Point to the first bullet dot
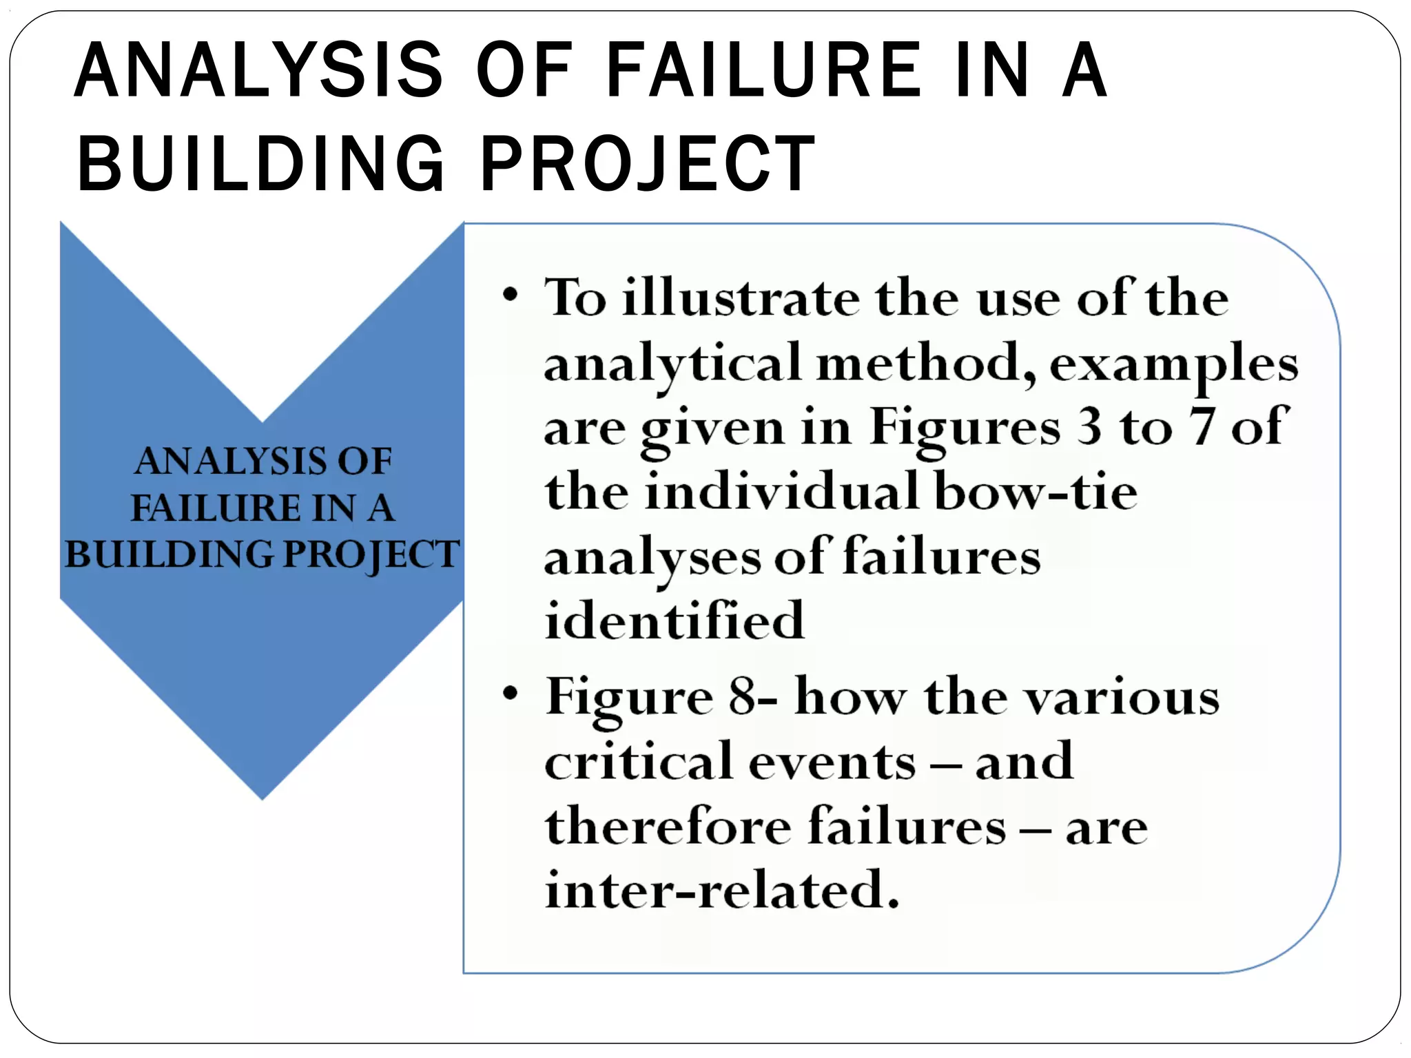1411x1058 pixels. pyautogui.click(x=510, y=295)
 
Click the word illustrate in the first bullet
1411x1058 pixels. pyautogui.click(x=741, y=298)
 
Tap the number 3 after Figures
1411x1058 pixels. pyautogui.click(x=1089, y=426)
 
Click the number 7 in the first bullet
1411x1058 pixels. pyautogui.click(x=1202, y=426)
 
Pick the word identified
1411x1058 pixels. pyautogui.click(x=674, y=619)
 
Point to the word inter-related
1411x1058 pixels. pyautogui.click(x=722, y=889)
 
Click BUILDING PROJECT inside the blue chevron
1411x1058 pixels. pyautogui.click(x=262, y=554)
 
